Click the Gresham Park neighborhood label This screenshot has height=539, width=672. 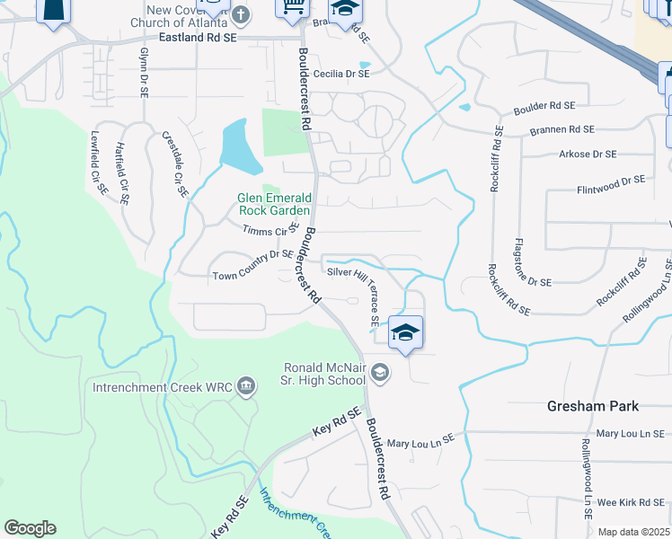(593, 406)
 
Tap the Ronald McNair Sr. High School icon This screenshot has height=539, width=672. (380, 372)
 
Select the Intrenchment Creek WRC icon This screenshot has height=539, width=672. (246, 387)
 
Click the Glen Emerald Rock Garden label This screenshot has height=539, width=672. (275, 204)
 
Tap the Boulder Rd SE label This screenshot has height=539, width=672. (544, 108)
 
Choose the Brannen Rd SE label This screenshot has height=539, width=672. (561, 130)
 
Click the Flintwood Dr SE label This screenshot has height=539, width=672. (610, 185)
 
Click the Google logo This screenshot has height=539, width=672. (30, 528)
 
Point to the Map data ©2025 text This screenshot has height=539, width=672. (632, 532)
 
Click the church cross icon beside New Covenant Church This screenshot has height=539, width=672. (241, 14)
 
